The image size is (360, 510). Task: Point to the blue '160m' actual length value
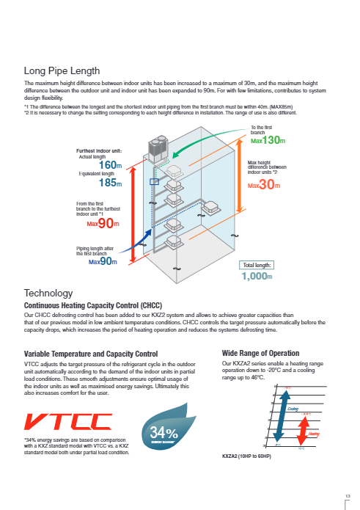tap(104, 165)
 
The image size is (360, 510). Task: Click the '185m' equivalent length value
tap(104, 183)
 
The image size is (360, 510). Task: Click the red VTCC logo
tap(67, 421)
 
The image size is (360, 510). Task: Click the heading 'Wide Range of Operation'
tap(260, 353)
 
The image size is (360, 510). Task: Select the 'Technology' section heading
tap(48, 292)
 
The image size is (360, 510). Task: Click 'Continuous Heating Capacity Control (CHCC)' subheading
tap(93, 305)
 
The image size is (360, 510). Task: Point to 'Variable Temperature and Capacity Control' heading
tap(91, 353)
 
